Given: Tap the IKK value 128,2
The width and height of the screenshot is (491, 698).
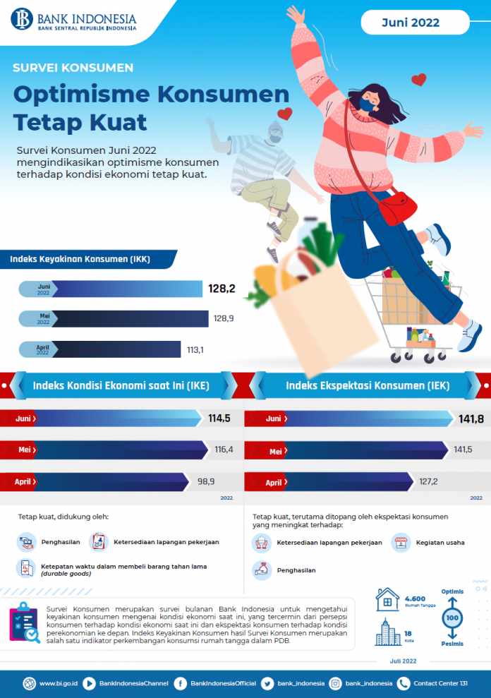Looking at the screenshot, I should click(x=221, y=289).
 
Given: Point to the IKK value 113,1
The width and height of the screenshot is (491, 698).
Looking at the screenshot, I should click(x=195, y=349).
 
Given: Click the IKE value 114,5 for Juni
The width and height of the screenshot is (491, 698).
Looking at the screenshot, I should click(x=220, y=419).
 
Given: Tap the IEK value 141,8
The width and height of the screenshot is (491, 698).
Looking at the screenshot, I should click(x=471, y=419).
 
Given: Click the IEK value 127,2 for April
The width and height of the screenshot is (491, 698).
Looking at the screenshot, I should click(x=428, y=482).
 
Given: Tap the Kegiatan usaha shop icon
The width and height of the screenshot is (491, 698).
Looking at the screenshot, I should click(x=401, y=543).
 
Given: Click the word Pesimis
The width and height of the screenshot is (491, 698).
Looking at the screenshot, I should click(x=452, y=644).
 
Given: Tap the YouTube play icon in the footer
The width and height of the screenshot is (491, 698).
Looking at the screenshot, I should click(x=90, y=683).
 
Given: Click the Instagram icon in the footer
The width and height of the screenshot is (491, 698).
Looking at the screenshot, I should click(x=335, y=683).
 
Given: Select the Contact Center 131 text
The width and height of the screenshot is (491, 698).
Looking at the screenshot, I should click(x=441, y=683).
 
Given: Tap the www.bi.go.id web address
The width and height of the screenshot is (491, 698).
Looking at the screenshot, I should click(x=58, y=683).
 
